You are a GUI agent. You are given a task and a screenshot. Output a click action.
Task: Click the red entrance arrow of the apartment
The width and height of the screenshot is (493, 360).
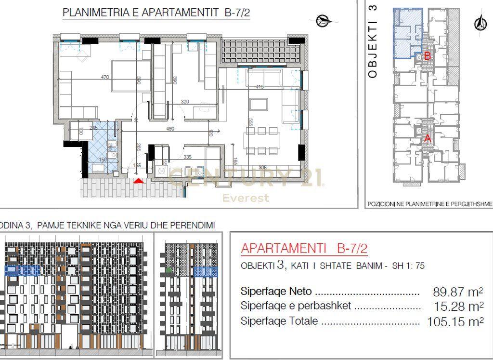coord(139,181)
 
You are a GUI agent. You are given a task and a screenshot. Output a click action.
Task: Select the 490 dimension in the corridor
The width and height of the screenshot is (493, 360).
coord(169,129)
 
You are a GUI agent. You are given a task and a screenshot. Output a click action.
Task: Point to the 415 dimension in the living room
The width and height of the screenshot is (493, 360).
coord(260,87)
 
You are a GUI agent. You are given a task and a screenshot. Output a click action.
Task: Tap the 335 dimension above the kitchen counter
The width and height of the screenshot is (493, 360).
coord(187,157)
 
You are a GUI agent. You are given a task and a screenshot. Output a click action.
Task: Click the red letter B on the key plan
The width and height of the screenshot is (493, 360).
coord(427,56)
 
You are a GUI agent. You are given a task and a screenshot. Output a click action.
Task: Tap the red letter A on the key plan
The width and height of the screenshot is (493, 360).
coord(427,138)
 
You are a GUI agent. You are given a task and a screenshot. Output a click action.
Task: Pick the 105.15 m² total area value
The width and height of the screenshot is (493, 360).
coord(454,321)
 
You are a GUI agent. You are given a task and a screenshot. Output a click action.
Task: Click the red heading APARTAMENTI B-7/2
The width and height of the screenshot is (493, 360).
coord(304,249)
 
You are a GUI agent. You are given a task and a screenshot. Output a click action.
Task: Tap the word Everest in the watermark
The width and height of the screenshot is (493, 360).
coord(246,198)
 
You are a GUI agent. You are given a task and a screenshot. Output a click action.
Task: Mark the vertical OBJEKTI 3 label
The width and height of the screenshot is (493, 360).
coord(373,41)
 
